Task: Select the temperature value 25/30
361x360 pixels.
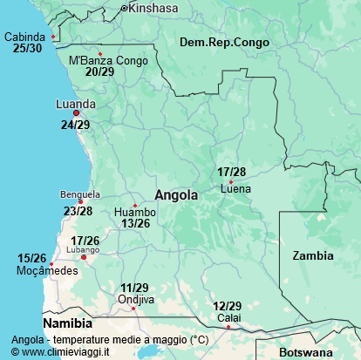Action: (x=27, y=48)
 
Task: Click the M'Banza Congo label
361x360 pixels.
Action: (x=107, y=60)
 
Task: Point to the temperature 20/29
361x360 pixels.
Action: (x=99, y=71)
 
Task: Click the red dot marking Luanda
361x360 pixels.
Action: (x=77, y=113)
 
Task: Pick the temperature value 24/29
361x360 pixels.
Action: (x=75, y=126)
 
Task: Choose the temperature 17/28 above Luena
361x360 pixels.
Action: (x=232, y=172)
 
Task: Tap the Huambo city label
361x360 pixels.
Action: (x=135, y=212)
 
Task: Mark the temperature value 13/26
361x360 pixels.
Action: (x=135, y=223)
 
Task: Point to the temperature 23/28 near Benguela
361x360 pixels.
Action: (x=78, y=211)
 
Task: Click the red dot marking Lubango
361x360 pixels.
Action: (x=85, y=257)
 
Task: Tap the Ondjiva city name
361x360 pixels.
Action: (x=136, y=300)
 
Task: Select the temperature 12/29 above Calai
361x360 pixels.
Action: (x=227, y=306)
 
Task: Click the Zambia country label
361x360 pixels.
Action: (x=312, y=256)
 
